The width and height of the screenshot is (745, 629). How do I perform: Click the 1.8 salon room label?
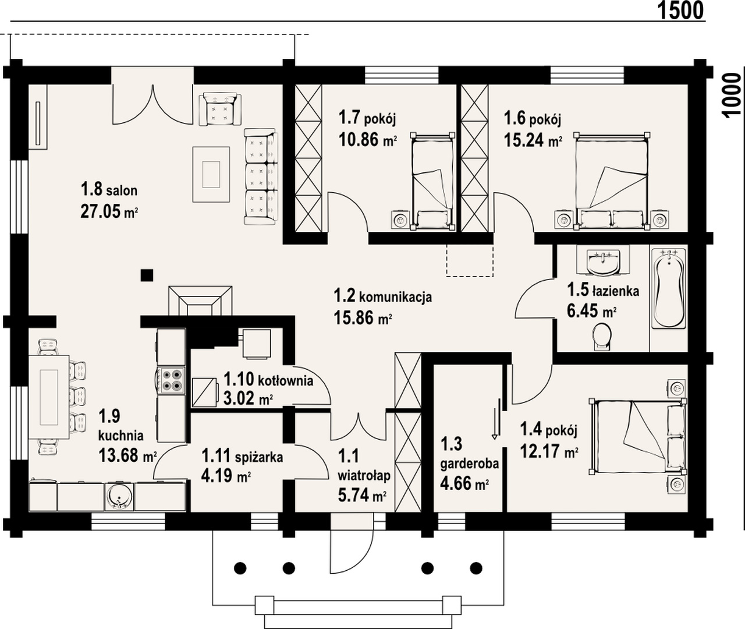[x=109, y=189]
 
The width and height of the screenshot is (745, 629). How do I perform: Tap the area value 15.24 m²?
[x=533, y=140]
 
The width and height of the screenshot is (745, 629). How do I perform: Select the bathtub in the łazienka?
[x=669, y=288]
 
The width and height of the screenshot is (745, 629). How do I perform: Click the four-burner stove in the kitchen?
[x=171, y=380]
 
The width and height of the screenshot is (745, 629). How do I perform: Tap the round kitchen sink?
[x=119, y=497]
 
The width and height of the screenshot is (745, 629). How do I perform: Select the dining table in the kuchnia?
[x=49, y=397]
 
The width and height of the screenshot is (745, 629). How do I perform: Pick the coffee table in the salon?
[x=211, y=174]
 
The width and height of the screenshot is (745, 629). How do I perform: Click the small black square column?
[x=147, y=275]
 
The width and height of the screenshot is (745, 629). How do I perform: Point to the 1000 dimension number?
[x=732, y=94]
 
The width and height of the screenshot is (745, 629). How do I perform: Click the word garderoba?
[x=469, y=464]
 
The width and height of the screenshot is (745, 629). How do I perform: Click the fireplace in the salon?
[x=200, y=301]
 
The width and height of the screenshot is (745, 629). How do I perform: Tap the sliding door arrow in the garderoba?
[x=495, y=424]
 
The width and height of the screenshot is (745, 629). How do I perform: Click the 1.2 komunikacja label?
[x=383, y=296]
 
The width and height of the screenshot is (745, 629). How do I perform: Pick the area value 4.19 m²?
[x=225, y=476]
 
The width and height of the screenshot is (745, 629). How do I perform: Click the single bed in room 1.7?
[x=433, y=181]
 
